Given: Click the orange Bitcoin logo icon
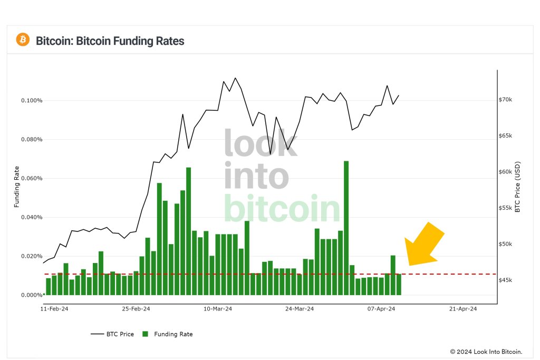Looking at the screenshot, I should [23, 40].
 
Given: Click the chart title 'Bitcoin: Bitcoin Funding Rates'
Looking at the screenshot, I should [110, 41].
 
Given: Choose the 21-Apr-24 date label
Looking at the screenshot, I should [463, 309].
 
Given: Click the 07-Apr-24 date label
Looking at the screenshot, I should [381, 309].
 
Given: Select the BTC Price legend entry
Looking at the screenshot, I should [113, 334].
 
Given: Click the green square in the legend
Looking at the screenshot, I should [146, 334].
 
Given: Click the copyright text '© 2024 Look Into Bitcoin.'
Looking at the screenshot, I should [486, 352].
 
